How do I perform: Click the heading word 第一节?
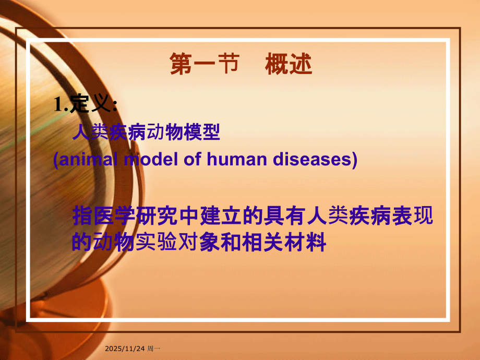coord(204,65)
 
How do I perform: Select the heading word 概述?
coord(289,65)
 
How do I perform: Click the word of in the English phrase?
coord(191,160)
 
